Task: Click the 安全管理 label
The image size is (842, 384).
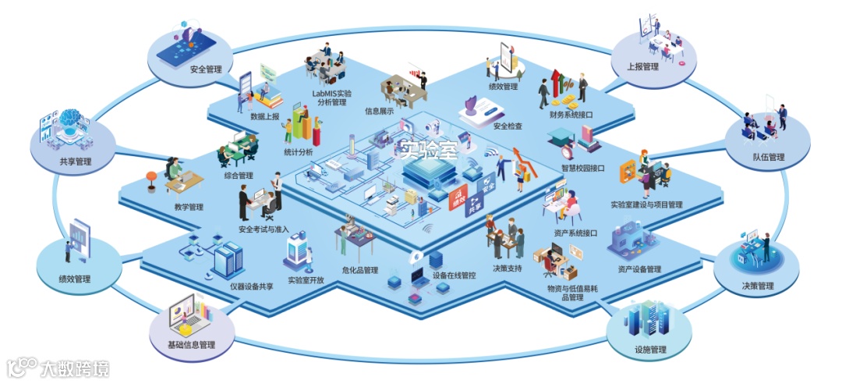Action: coord(206,69)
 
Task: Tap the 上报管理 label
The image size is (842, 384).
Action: coord(642,66)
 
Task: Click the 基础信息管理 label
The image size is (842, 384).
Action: coord(192,344)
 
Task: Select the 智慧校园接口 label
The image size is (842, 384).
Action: coord(582,168)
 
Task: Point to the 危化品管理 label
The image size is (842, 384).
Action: coord(359,271)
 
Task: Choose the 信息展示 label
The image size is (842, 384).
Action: coord(379,111)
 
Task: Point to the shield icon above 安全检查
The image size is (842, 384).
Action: coord(471,104)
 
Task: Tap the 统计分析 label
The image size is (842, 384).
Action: coord(299,152)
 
